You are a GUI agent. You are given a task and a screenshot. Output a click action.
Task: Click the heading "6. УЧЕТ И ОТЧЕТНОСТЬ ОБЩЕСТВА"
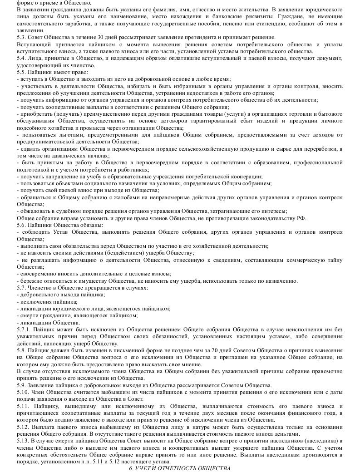coord(180,468)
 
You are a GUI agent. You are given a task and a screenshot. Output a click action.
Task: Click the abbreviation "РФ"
coord(302,218)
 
